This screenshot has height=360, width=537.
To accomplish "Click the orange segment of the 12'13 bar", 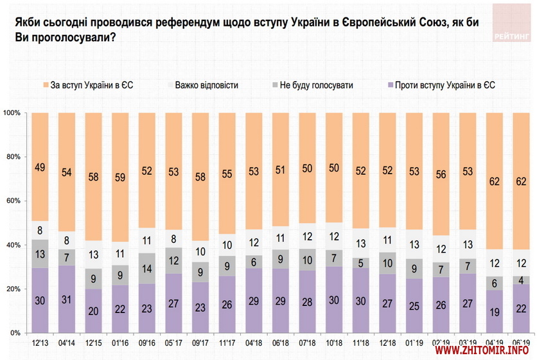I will (x=40, y=167).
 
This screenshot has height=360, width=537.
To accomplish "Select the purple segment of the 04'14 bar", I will (x=67, y=299).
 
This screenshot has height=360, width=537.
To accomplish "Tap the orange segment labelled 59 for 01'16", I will (x=121, y=177).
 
